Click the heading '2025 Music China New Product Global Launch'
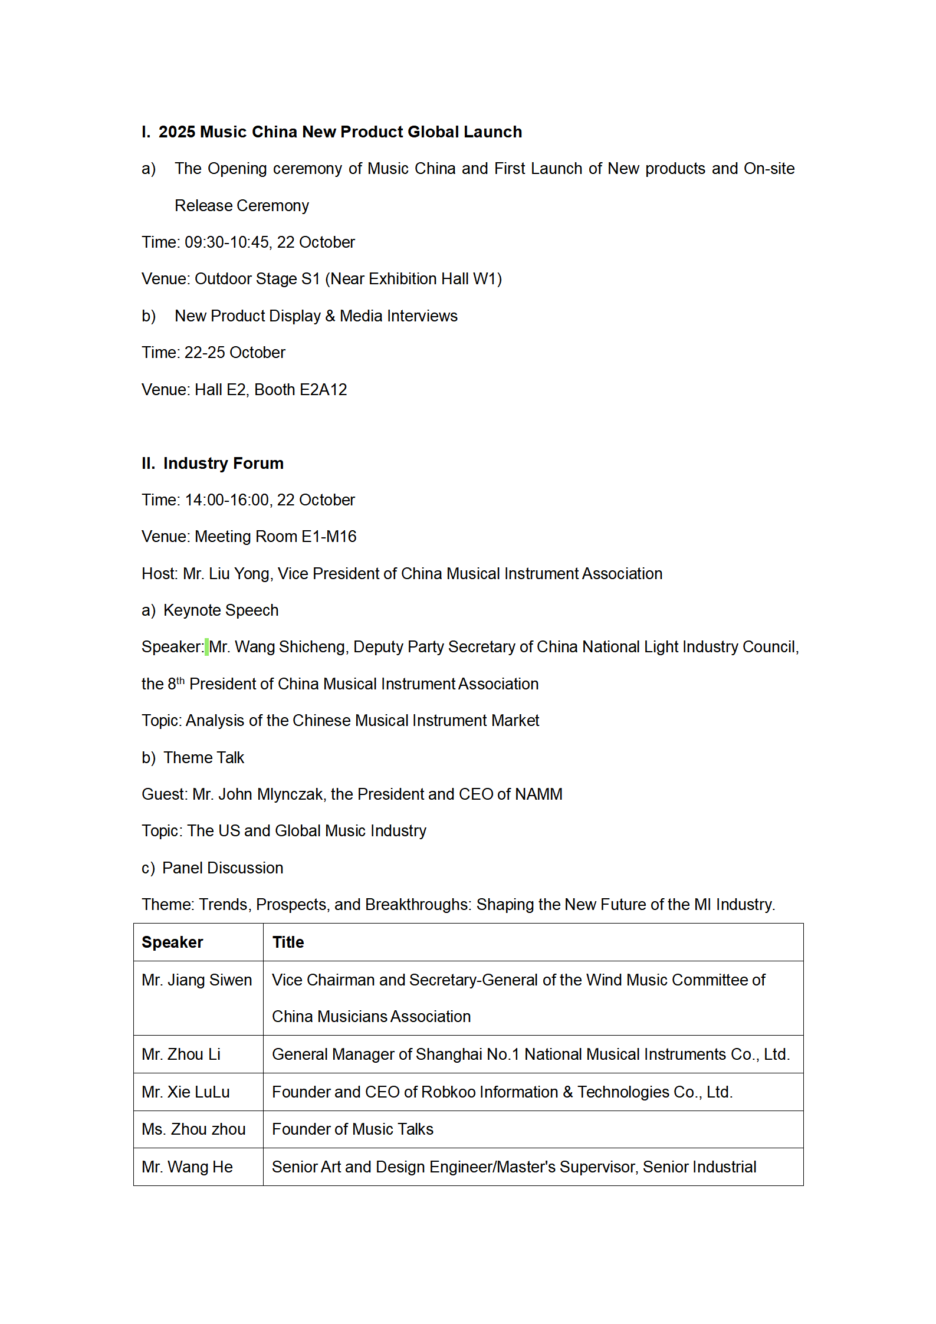point(340,132)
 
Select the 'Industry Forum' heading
point(223,463)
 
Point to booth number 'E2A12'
point(323,390)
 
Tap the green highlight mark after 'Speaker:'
point(206,647)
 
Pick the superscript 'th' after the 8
point(180,681)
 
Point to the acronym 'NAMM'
point(538,794)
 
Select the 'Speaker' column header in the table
point(172,942)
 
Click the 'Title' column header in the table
point(288,942)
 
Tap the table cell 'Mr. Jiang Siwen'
point(196,980)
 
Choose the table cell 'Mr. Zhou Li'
point(181,1054)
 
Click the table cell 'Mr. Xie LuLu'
point(185,1092)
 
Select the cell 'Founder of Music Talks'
point(352,1129)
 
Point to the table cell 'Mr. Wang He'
point(187,1167)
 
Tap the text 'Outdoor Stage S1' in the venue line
point(257,279)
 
